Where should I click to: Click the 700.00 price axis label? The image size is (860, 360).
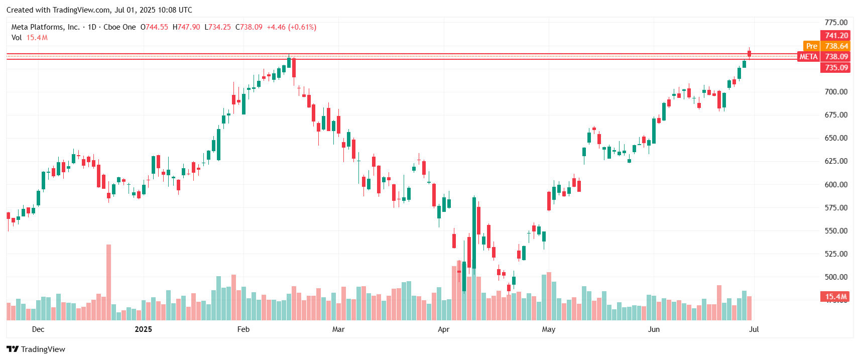836,92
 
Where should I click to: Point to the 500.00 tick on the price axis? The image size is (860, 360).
836,277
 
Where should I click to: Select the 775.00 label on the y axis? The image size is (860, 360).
836,23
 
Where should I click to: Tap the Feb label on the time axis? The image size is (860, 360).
243,329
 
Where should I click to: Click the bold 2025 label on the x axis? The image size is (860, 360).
143,329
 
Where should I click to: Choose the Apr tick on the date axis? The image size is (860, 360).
443,329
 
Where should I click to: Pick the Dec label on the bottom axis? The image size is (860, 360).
38,329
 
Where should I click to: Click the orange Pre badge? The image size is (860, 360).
812,46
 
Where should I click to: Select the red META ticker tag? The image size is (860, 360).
808,57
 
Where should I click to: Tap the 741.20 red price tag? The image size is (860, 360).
836,36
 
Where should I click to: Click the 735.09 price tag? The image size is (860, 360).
836,68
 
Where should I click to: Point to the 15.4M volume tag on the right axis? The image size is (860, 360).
836,297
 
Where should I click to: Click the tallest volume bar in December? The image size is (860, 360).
108,281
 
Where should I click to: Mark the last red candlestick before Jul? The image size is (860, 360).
749,53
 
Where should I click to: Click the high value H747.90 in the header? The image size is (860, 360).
186,27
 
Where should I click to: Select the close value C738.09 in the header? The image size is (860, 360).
249,27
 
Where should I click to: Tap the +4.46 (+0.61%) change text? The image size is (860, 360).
292,27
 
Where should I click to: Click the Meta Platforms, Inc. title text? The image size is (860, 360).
45,27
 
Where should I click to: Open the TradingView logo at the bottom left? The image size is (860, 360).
36,349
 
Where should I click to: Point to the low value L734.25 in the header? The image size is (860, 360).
217,27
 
